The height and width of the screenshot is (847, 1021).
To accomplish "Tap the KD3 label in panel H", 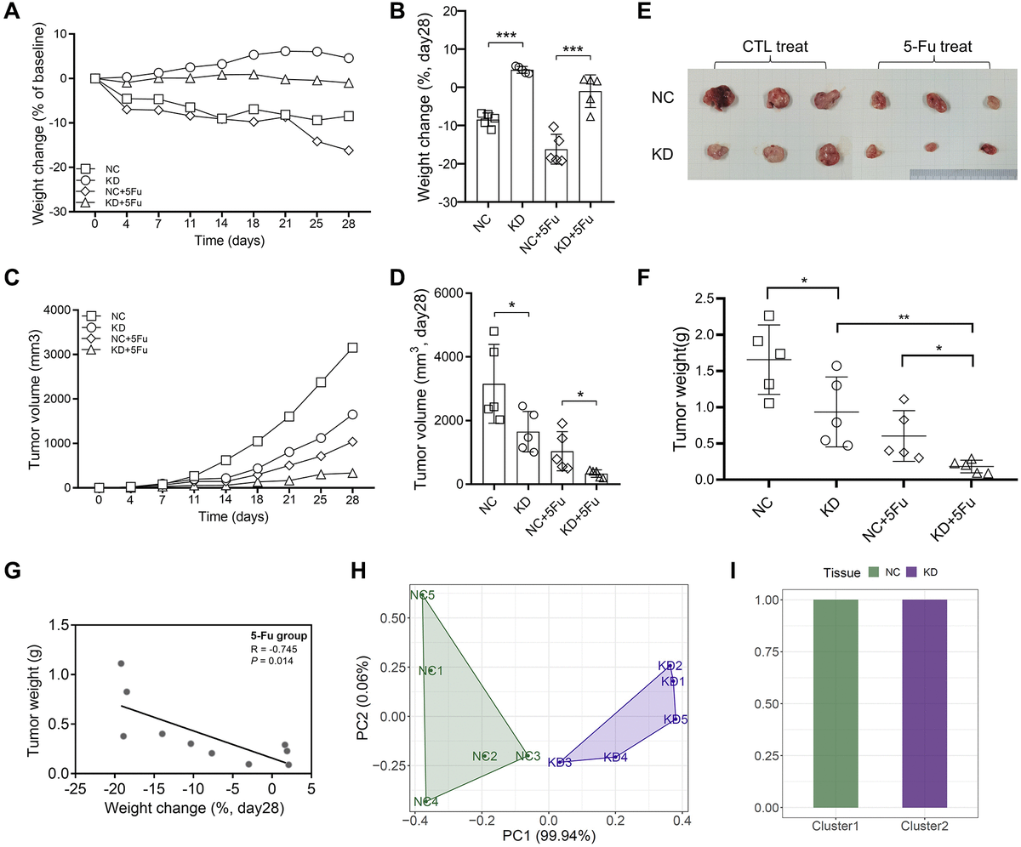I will point(559,761).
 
